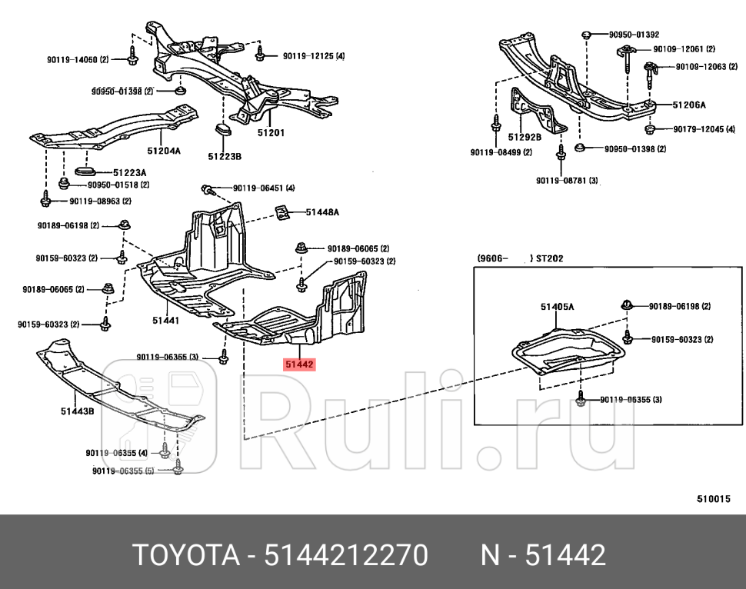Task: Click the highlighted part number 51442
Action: click(x=298, y=364)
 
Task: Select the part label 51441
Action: click(x=165, y=319)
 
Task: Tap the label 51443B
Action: click(x=77, y=411)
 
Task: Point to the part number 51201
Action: click(x=271, y=132)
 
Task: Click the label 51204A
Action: click(x=164, y=151)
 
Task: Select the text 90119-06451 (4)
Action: click(x=263, y=188)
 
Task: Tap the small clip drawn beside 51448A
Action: click(x=282, y=211)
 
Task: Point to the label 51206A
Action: click(x=689, y=105)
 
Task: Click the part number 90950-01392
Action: click(x=634, y=35)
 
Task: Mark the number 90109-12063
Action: click(x=701, y=66)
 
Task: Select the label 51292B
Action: click(x=525, y=137)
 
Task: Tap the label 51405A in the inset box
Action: click(x=557, y=307)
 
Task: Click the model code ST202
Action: click(x=549, y=258)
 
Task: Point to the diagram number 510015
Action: click(x=713, y=498)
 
